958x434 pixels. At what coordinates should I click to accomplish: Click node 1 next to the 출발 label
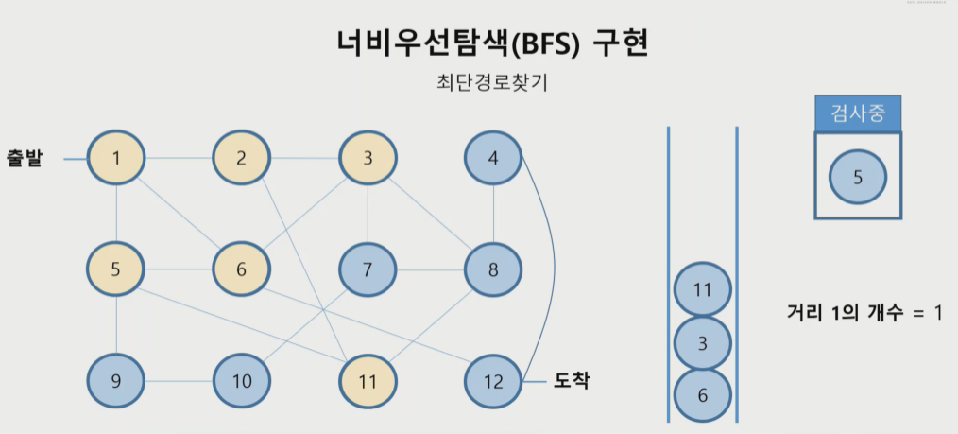(115, 158)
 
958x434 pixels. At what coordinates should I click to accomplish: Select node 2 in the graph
(241, 158)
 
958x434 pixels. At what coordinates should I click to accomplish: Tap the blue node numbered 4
(493, 158)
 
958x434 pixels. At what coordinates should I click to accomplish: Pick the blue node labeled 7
(368, 269)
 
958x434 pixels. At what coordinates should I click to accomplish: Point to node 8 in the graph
(493, 269)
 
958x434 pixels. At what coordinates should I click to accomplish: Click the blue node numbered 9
(115, 381)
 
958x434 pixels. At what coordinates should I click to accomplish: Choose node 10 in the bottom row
(241, 381)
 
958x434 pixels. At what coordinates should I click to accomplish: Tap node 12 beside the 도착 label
(493, 381)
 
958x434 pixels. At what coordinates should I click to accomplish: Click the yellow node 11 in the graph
(368, 381)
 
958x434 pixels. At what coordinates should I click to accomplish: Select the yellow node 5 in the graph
(115, 269)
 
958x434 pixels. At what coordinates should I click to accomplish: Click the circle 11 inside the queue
(702, 290)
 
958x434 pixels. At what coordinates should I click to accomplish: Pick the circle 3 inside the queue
(702, 343)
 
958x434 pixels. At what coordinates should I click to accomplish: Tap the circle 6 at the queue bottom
(702, 395)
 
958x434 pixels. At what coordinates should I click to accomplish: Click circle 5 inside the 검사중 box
(857, 177)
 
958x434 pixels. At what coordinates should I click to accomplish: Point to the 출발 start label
(25, 158)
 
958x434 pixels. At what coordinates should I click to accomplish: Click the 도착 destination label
(572, 381)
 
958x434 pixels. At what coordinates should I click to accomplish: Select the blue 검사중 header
(857, 113)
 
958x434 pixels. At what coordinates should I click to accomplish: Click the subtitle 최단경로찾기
(491, 82)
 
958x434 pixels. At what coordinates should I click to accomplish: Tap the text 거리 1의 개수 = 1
(864, 312)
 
